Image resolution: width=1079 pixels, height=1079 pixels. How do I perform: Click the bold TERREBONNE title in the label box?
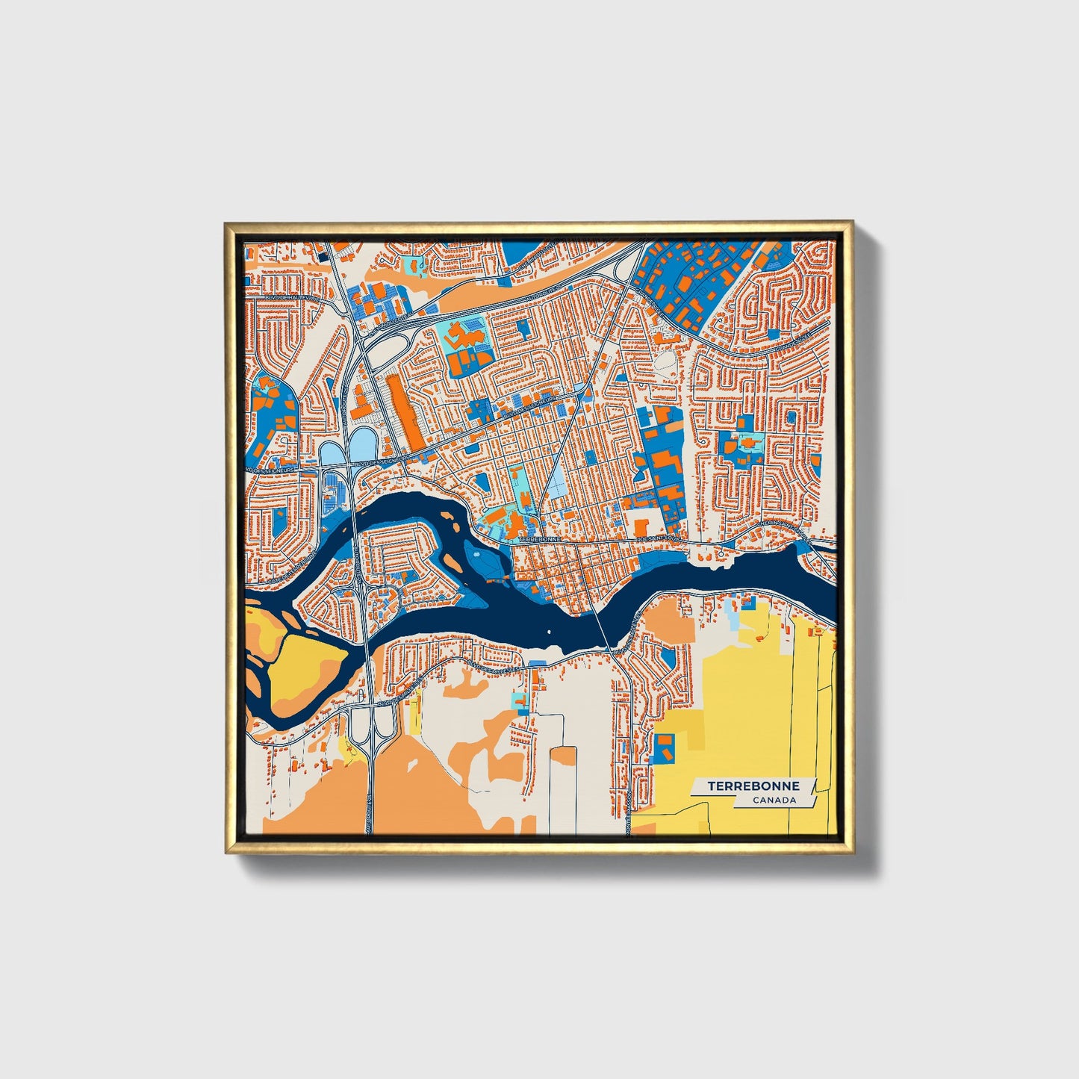753,786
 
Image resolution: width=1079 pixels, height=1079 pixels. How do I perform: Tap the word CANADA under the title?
774,800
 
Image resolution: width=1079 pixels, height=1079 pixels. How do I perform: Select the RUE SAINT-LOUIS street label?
659,538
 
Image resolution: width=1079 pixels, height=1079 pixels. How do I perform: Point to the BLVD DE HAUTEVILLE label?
290,297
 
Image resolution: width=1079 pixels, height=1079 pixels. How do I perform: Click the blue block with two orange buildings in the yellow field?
664,747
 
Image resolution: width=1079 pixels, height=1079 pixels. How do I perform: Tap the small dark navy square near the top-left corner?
323,255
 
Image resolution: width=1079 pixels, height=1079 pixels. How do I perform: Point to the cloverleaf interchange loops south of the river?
371,721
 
